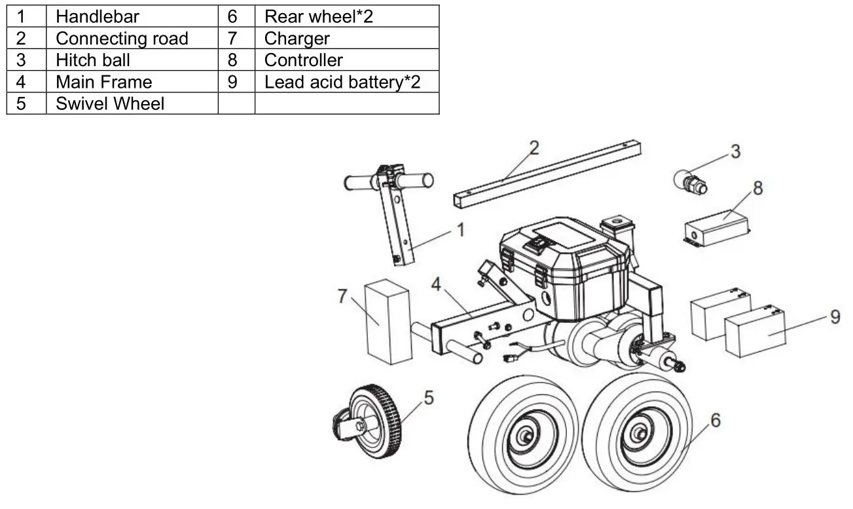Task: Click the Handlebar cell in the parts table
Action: (97, 16)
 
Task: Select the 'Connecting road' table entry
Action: (122, 38)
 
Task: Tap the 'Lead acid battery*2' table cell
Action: (342, 82)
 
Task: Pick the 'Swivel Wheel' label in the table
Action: (109, 104)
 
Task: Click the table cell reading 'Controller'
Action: (303, 60)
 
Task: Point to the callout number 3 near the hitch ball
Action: (736, 151)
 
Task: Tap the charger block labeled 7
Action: (388, 321)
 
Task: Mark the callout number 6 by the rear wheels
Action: (716, 420)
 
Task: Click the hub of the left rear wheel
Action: (524, 434)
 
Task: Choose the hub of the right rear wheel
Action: (637, 433)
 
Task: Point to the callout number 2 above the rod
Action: (534, 148)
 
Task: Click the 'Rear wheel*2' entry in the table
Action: (318, 16)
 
